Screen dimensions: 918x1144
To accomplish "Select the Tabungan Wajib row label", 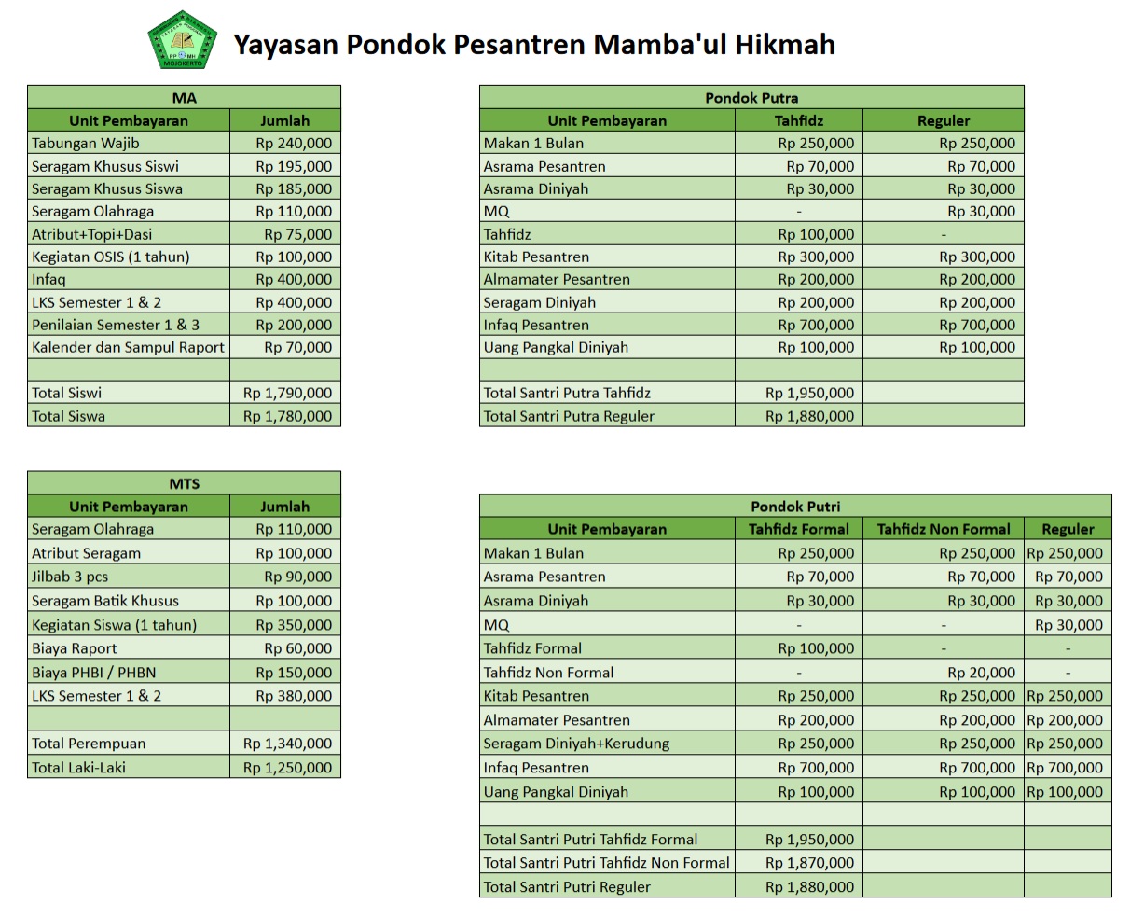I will (85, 144).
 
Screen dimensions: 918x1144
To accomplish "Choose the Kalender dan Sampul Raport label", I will (128, 347).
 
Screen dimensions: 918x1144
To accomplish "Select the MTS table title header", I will (184, 483).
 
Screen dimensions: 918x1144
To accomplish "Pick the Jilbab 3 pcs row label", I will (70, 577).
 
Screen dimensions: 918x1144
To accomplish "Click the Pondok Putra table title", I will (751, 97).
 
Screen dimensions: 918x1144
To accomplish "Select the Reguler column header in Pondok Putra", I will (943, 120).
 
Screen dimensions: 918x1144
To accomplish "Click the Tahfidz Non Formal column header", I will (943, 529).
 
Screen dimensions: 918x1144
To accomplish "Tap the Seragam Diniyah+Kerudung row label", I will (576, 744).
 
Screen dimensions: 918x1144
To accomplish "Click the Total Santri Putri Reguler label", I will (567, 886).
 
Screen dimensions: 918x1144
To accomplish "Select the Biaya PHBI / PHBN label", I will (93, 673).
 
